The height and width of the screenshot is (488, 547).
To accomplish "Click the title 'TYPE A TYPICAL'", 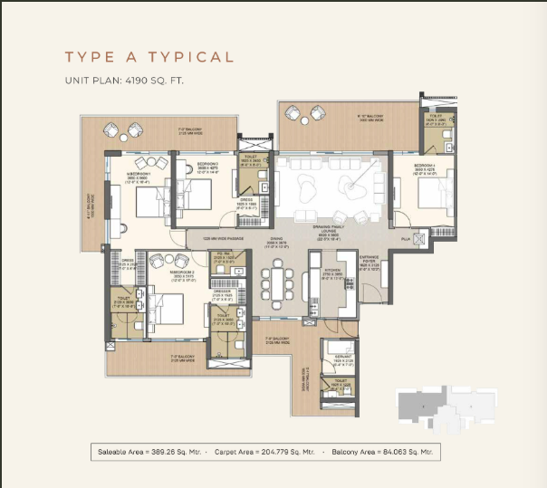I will pos(149,58).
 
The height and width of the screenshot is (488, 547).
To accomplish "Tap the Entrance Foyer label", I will pos(369,263).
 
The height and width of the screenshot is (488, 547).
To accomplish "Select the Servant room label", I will pos(340,359).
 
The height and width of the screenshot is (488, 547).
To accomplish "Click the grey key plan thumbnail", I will pos(446,408).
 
